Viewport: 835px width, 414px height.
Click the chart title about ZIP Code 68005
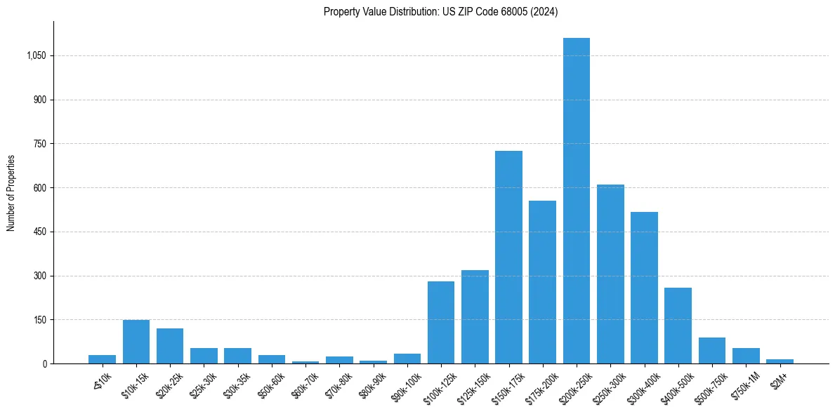point(440,12)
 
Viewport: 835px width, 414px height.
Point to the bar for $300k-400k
point(644,288)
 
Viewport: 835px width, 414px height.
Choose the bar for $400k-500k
point(678,326)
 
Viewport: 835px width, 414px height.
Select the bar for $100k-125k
point(441,322)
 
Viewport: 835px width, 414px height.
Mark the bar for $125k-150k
point(475,316)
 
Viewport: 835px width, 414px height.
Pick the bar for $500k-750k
point(711,351)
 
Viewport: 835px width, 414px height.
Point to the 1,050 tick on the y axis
point(36,56)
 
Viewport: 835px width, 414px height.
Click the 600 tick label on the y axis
point(39,188)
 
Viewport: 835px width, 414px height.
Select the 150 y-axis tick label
point(39,320)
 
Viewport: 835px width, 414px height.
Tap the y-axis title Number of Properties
point(11,192)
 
